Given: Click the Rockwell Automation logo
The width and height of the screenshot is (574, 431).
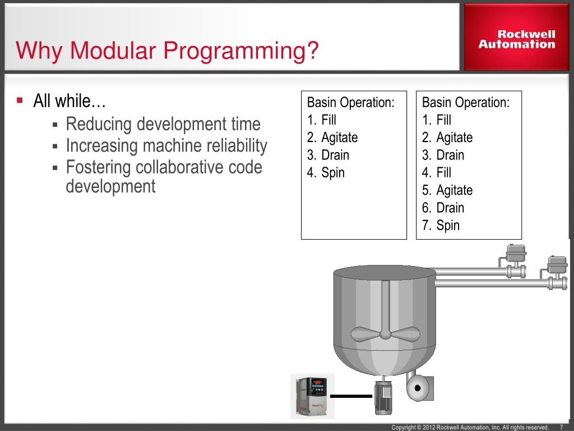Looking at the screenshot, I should click(517, 39).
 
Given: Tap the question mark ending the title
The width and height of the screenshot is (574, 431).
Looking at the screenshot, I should click(313, 51).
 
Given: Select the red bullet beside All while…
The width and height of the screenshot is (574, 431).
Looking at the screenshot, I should click(20, 101).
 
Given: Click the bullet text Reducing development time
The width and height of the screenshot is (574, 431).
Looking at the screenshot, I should click(163, 124).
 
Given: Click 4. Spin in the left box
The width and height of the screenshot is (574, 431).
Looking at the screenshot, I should click(326, 173).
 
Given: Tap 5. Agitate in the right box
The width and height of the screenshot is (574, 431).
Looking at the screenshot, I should click(447, 190).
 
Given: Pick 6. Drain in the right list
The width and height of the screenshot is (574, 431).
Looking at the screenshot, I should click(443, 208).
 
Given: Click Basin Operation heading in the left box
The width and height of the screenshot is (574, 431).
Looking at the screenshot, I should click(351, 103).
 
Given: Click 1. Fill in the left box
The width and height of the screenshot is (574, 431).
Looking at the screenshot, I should click(322, 120).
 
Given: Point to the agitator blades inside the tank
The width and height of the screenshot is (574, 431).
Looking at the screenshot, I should click(385, 332).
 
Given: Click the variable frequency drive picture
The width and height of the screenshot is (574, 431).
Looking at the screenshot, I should click(312, 396).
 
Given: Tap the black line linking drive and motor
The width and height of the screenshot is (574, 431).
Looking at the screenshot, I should click(351, 396).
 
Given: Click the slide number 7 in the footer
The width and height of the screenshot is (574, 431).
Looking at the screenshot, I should click(561, 428).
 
